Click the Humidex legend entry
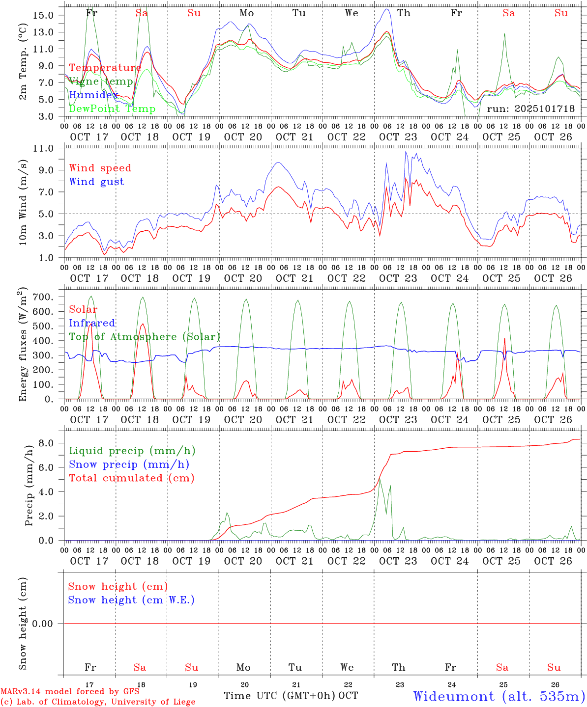tap(93, 95)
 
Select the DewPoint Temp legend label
tap(112, 109)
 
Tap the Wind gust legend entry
tap(96, 182)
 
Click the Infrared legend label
tap(92, 323)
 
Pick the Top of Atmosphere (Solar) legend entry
tap(144, 337)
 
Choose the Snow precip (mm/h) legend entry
tap(129, 464)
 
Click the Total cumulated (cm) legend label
tap(131, 478)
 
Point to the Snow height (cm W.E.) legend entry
tap(131, 600)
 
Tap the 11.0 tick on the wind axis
tap(48, 148)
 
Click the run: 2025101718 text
tap(530, 109)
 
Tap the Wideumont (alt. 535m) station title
tap(499, 696)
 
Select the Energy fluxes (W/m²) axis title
tap(23, 345)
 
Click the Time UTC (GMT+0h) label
tap(280, 696)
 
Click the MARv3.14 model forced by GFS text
tap(70, 692)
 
